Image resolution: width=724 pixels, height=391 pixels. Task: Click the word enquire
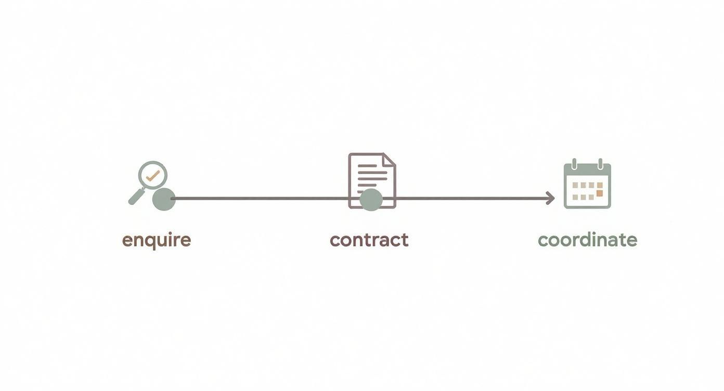point(157,240)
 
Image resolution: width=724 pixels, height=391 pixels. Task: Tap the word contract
point(369,240)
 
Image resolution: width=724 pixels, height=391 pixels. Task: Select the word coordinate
point(587,240)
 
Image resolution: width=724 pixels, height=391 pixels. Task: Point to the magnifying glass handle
point(136,197)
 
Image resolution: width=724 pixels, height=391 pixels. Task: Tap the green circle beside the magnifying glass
point(164,199)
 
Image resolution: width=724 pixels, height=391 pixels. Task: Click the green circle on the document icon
point(371,200)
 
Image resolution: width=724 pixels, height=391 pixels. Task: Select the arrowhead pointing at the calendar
point(550,198)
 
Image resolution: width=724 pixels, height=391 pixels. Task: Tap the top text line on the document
point(367,166)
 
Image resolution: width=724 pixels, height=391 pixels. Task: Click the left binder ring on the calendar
point(575,164)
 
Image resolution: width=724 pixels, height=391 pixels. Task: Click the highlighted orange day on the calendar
point(599,193)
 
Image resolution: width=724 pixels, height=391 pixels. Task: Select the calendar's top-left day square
point(575,185)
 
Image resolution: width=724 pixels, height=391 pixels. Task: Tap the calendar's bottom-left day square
point(575,198)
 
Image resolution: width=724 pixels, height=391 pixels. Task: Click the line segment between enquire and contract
point(260,198)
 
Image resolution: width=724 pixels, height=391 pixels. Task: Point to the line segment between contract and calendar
point(468,198)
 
